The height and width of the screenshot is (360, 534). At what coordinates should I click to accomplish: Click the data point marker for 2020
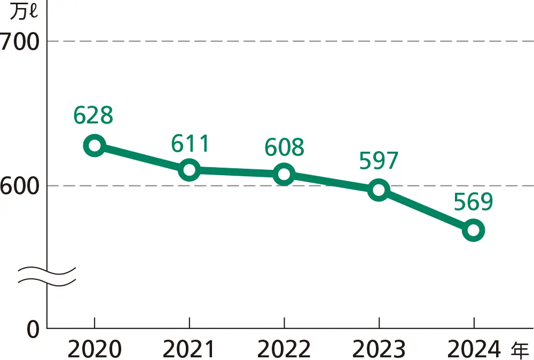click(95, 145)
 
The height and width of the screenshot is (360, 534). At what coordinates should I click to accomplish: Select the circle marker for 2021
click(190, 170)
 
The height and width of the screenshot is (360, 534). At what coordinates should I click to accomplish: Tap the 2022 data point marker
click(284, 174)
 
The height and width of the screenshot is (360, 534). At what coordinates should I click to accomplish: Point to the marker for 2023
click(379, 190)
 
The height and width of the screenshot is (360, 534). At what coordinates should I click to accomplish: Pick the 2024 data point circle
click(473, 230)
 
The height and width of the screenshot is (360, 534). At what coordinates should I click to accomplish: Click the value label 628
click(93, 115)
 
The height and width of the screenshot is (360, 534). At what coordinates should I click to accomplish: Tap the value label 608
click(284, 147)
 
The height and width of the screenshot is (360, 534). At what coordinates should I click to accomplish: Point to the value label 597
click(379, 161)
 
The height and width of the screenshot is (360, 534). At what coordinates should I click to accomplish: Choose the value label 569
click(473, 202)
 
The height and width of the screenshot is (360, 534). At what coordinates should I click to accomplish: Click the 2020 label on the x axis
click(95, 350)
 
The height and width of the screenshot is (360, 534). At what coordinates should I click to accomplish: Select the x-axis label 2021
click(189, 350)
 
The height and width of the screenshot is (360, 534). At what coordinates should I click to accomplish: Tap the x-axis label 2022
click(284, 350)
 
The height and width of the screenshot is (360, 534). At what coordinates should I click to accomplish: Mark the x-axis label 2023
click(379, 350)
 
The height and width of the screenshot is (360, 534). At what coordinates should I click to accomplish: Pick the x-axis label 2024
click(473, 350)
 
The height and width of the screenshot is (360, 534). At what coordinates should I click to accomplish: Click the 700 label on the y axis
click(20, 42)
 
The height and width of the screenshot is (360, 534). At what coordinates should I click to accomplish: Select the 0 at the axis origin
click(33, 330)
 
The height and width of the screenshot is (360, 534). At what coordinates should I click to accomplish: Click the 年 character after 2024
click(520, 350)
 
